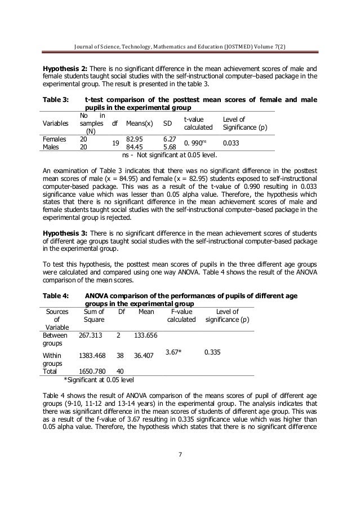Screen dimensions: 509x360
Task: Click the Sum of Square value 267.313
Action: (x=91, y=335)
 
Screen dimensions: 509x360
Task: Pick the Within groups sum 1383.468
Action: (x=94, y=356)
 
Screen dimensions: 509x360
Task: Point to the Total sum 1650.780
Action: (x=94, y=371)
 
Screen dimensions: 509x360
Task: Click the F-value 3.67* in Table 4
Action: (x=180, y=352)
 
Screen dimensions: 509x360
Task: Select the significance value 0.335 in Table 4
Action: (x=212, y=352)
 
